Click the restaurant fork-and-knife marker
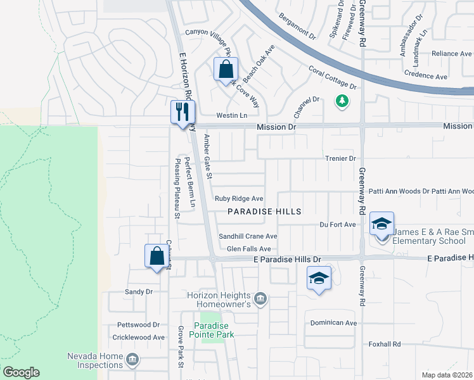pos(181,112)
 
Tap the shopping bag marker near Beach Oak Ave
pos(225,69)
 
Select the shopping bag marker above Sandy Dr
pos(156,256)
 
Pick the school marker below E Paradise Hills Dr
pos(319,278)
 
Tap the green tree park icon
pos(342,101)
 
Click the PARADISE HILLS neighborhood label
pos(264,211)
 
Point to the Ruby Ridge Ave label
pos(238,198)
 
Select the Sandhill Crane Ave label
pos(248,236)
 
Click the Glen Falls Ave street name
pos(248,250)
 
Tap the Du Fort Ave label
pos(338,224)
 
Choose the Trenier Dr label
pos(340,158)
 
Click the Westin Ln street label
pos(231,115)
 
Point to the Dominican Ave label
pos(333,323)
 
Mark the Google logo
pos(21,372)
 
